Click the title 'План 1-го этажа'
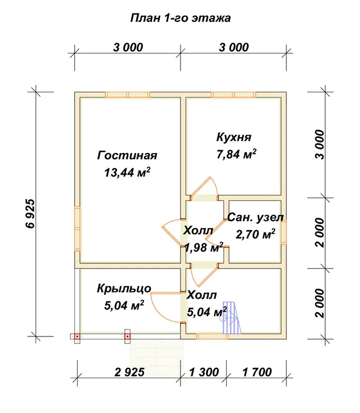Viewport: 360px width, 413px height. pyautogui.click(x=181, y=18)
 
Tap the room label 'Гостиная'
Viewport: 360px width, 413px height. pyautogui.click(x=127, y=155)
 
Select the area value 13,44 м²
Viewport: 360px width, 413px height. pyautogui.click(x=127, y=172)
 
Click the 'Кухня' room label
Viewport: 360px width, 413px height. pyautogui.click(x=234, y=137)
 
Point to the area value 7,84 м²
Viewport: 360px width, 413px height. pyautogui.click(x=236, y=154)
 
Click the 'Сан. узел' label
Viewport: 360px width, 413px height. pyautogui.click(x=255, y=218)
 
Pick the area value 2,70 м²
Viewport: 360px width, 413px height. pyautogui.click(x=255, y=234)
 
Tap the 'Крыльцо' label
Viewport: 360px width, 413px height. pyautogui.click(x=124, y=289)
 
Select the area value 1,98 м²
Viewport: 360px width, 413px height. pyautogui.click(x=204, y=248)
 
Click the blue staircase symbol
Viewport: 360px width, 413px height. pyautogui.click(x=232, y=318)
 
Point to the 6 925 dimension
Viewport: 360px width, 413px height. pyautogui.click(x=31, y=213)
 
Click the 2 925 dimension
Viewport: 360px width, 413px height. pyautogui.click(x=129, y=372)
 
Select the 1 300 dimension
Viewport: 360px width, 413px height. pyautogui.click(x=204, y=372)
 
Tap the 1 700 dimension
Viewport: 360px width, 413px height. pyautogui.click(x=256, y=372)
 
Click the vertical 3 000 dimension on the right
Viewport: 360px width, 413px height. pyautogui.click(x=319, y=145)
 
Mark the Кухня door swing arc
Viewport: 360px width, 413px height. pyautogui.click(x=214, y=185)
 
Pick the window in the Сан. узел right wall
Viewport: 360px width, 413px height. pyautogui.click(x=283, y=233)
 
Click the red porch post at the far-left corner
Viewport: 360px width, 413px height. pyautogui.click(x=77, y=336)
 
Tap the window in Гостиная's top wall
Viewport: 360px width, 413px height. pyautogui.click(x=128, y=95)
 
